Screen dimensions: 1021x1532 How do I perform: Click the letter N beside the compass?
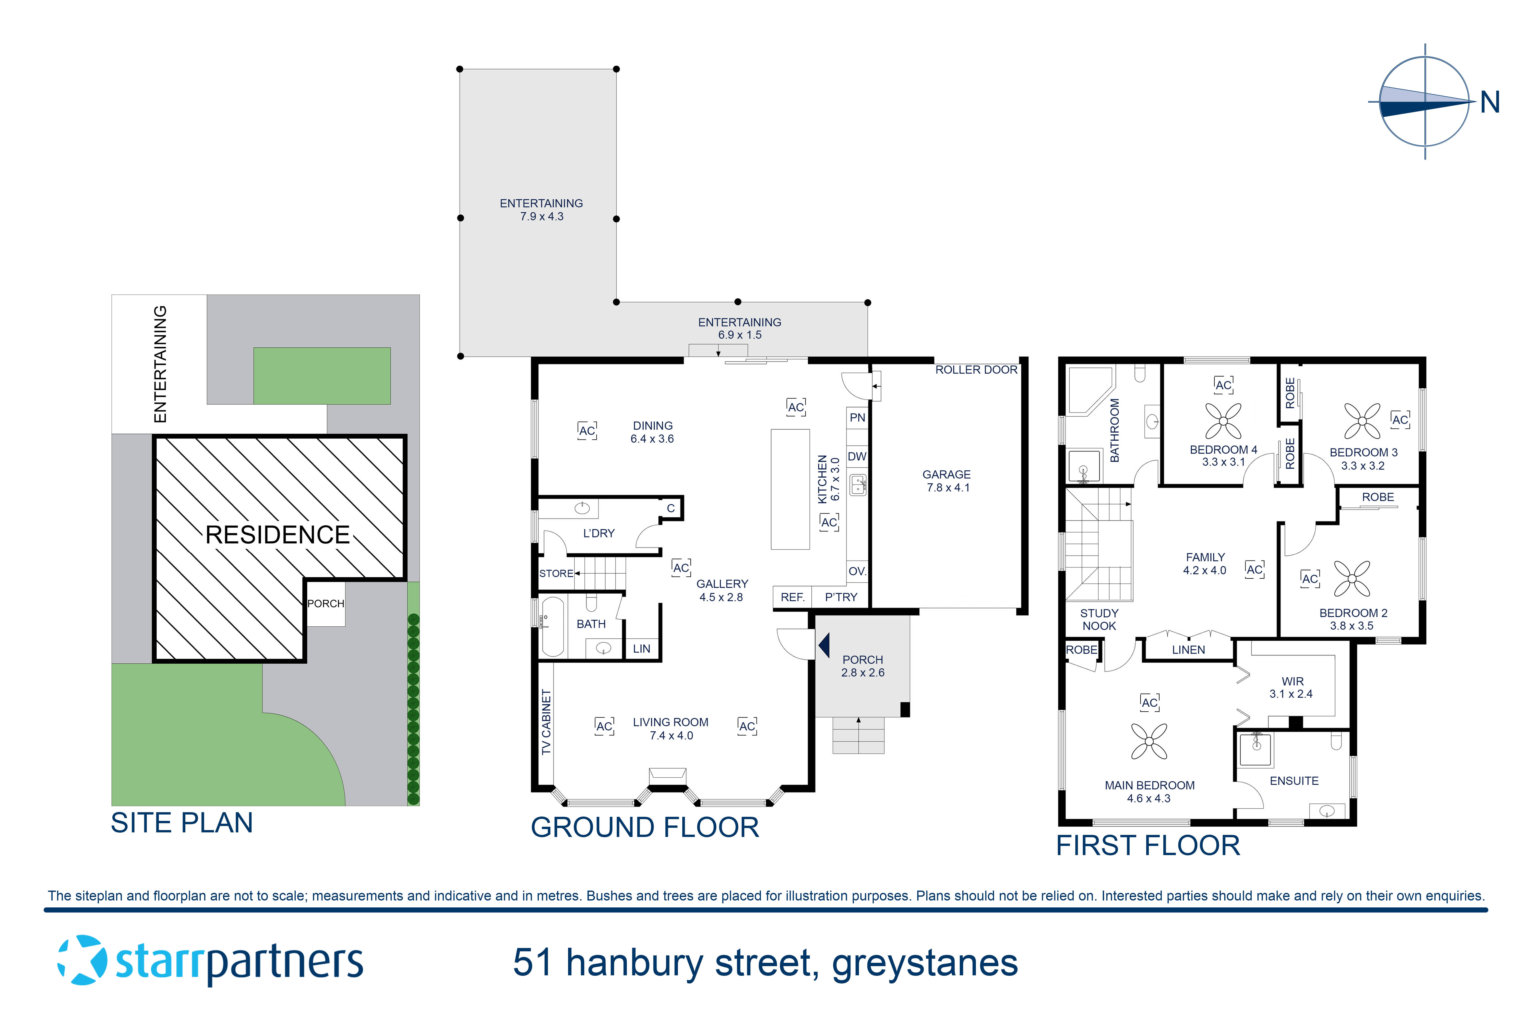pyautogui.click(x=1490, y=102)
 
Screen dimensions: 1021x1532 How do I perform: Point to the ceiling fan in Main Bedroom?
pyautogui.click(x=1149, y=742)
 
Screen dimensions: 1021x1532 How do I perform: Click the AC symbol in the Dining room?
pyautogui.click(x=587, y=430)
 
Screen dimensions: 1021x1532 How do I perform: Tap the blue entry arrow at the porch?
pyautogui.click(x=824, y=645)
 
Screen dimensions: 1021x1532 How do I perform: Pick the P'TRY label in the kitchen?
pyautogui.click(x=841, y=597)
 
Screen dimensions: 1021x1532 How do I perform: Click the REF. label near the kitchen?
pyautogui.click(x=793, y=597)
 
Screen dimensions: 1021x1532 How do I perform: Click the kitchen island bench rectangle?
pyautogui.click(x=790, y=489)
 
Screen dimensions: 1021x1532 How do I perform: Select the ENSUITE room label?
pyautogui.click(x=1294, y=781)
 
